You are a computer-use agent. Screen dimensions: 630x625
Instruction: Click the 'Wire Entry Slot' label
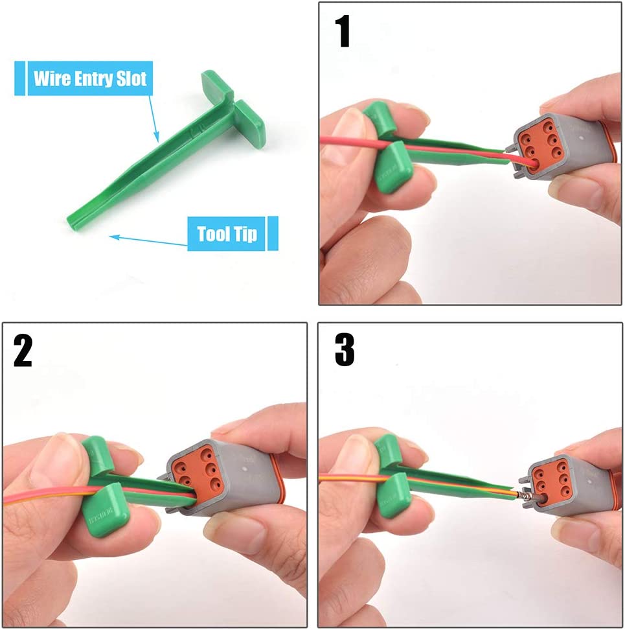(89, 78)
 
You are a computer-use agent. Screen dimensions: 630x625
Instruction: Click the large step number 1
(343, 32)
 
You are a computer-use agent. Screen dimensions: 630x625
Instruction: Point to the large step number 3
(345, 351)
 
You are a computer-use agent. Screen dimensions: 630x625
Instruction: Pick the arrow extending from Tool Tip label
(149, 240)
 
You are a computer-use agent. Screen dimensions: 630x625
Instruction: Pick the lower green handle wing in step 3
(394, 496)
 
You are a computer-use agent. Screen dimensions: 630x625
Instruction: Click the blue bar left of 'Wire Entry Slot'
(19, 78)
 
